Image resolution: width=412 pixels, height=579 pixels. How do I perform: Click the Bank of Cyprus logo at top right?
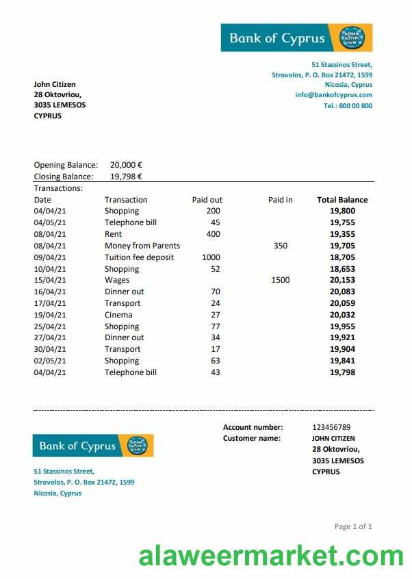pos(296,38)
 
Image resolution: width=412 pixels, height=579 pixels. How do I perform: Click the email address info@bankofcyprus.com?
pos(333,95)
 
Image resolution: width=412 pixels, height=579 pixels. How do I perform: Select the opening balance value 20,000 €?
pos(126,165)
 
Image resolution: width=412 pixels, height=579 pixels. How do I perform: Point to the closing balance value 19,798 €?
pos(126,176)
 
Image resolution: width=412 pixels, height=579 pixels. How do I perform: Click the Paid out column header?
pos(207,200)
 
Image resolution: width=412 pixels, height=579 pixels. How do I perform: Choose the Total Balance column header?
pos(342,200)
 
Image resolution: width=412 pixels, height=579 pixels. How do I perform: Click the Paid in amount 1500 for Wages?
pos(280,280)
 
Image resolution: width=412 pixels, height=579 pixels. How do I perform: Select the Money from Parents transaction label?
pos(142,246)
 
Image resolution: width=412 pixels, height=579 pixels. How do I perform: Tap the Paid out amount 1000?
pos(211,257)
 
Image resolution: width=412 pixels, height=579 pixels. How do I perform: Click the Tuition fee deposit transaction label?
pos(139,257)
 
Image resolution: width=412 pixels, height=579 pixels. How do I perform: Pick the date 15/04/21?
pos(50,280)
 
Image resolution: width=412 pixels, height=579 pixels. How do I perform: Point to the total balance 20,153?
pos(342,280)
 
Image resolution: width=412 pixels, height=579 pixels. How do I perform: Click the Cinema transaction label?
pos(118,315)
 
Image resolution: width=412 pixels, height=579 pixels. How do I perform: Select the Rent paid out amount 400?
pos(213,234)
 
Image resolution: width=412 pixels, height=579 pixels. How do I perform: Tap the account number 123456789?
pos(331,427)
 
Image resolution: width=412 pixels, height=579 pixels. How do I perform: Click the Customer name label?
pos(251,438)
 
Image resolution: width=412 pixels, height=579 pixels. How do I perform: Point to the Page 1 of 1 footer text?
pos(353,526)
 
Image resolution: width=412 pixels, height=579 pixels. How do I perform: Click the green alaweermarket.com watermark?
pos(271,556)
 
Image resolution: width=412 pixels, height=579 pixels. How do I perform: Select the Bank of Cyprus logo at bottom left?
pos(93,446)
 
